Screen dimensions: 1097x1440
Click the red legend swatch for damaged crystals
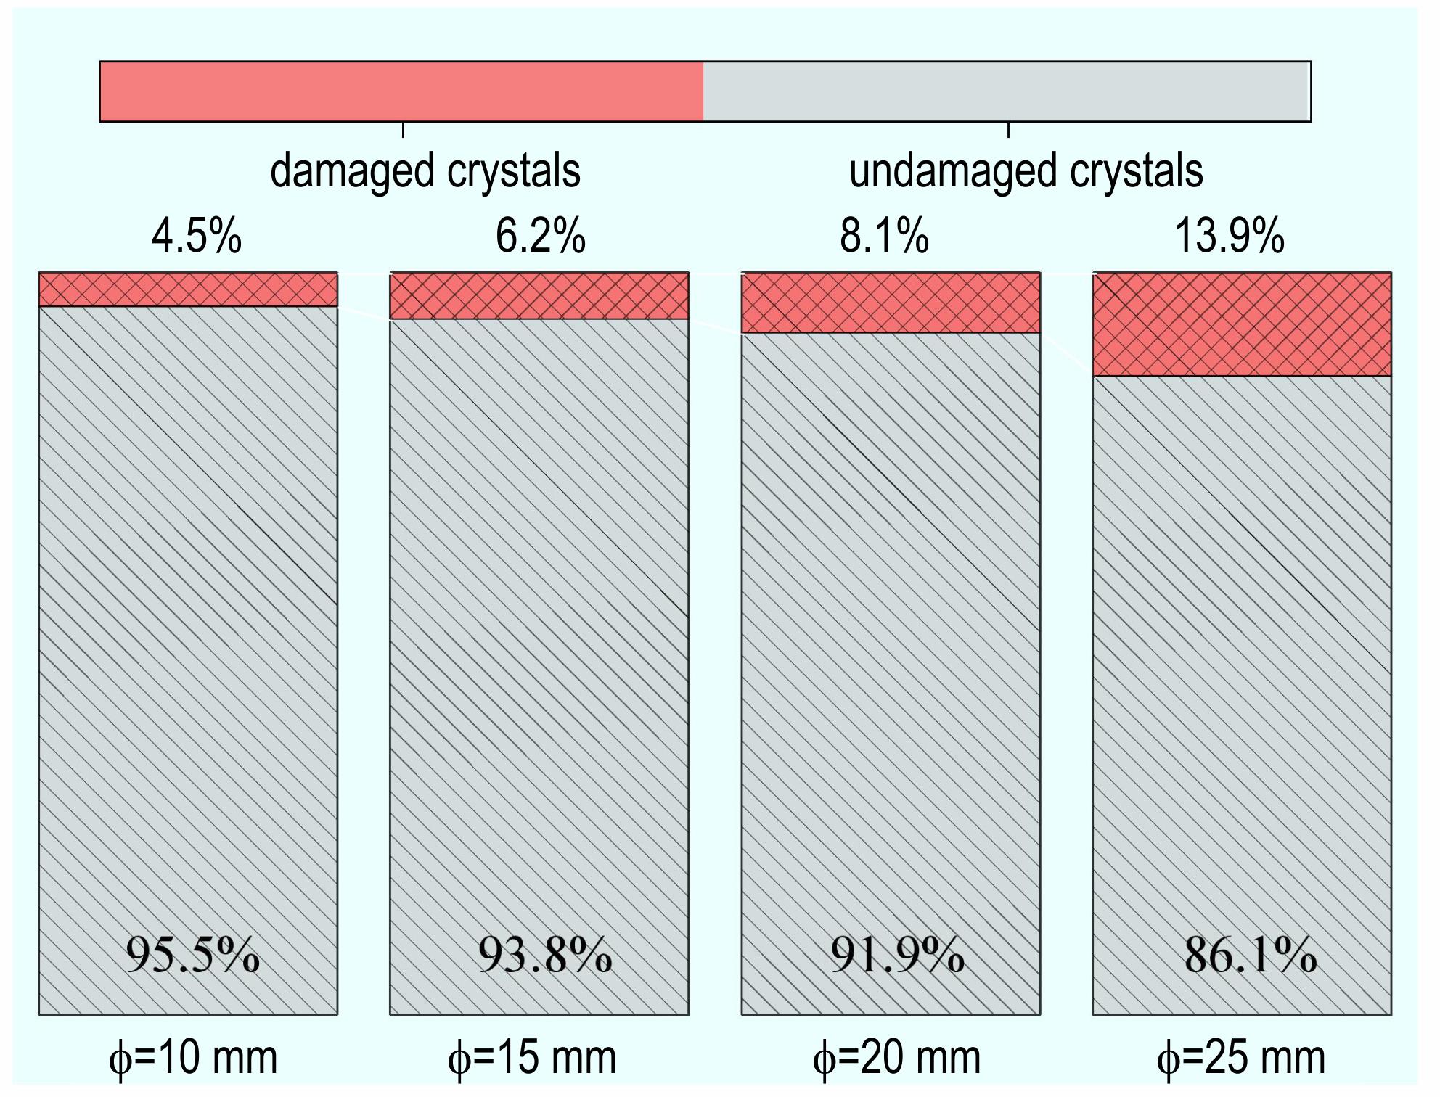401,91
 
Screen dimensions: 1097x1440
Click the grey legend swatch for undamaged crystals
1006,91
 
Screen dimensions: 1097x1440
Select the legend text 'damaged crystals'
425,171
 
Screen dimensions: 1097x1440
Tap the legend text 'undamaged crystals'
1026,171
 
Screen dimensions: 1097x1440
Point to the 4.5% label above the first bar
196,237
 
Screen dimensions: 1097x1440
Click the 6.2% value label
540,237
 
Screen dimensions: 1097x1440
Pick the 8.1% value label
884,237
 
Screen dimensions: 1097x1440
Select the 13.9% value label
1229,237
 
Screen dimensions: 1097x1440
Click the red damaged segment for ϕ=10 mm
188,289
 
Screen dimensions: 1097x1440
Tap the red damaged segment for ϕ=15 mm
539,296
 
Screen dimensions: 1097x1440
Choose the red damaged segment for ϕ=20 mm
891,303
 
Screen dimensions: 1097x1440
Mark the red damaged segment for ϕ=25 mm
1242,324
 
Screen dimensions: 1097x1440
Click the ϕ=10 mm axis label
193,1058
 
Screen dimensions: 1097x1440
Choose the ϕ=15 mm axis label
532,1058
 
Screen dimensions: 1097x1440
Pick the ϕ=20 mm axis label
897,1058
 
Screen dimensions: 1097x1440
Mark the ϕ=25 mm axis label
1241,1058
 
